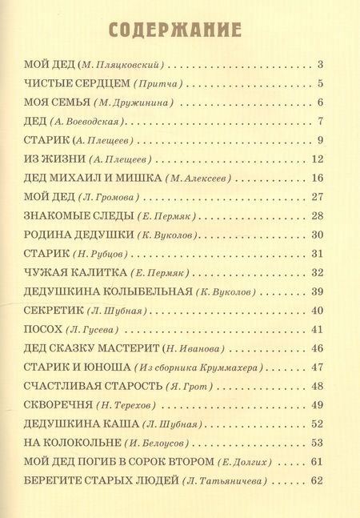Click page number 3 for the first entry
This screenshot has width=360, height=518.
(319, 64)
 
